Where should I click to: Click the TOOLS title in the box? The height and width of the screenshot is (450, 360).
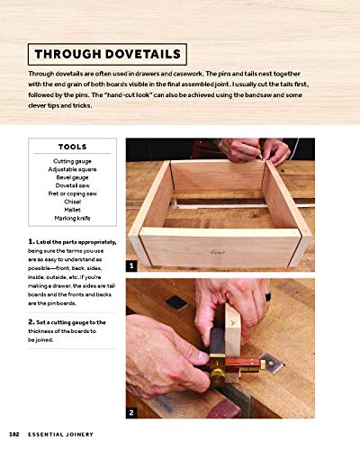[72, 147]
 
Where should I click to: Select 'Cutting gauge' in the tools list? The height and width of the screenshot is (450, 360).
[72, 160]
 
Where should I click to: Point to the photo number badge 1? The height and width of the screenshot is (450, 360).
[131, 266]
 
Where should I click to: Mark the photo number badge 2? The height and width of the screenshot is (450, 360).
[131, 412]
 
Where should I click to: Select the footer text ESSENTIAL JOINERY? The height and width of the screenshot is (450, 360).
[60, 437]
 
